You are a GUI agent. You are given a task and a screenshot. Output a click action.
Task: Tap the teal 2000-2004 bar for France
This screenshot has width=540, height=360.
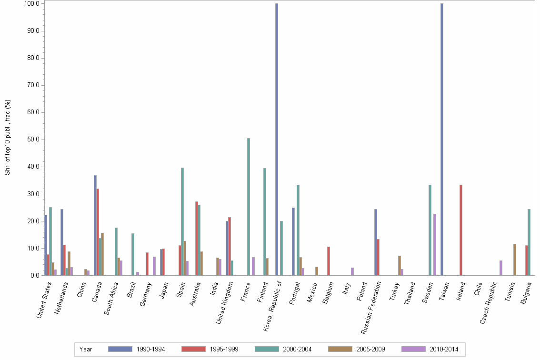(x=249, y=207)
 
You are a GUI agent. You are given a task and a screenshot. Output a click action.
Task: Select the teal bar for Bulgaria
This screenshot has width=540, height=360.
(x=529, y=242)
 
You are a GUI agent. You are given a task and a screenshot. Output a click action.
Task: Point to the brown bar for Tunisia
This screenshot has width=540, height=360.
(x=515, y=260)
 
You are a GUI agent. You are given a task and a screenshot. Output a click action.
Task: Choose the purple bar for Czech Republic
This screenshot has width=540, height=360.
(x=501, y=268)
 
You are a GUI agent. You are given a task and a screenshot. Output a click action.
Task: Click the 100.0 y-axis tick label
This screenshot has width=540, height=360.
(x=31, y=4)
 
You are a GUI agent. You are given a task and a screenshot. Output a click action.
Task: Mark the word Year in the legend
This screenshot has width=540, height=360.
(x=86, y=350)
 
